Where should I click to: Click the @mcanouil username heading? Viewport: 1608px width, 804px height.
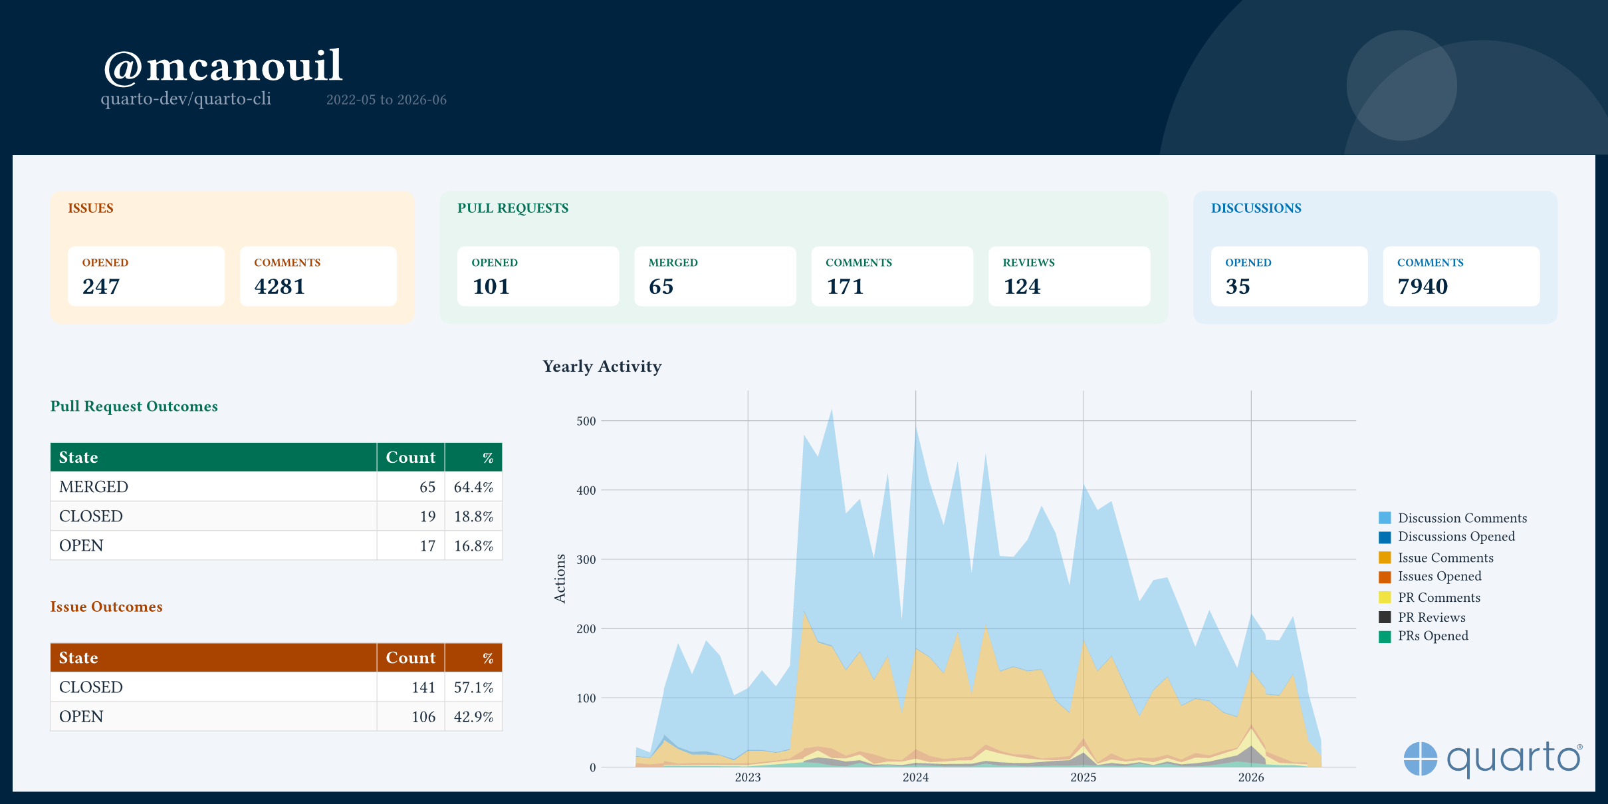point(223,67)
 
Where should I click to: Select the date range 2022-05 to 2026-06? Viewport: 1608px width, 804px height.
point(386,100)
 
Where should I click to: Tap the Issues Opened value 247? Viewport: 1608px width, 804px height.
point(101,287)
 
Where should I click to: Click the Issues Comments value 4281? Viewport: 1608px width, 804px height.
point(279,287)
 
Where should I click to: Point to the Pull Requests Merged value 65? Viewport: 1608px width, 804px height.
point(661,287)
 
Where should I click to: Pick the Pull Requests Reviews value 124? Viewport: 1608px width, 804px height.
point(1022,287)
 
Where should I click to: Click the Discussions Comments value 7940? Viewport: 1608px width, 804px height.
point(1423,287)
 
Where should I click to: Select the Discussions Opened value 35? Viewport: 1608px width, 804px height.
point(1238,287)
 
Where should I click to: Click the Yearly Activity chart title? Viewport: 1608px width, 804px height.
point(602,366)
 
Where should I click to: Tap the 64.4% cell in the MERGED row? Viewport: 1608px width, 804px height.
point(473,487)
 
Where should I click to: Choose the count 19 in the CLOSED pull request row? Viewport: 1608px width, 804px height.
point(427,517)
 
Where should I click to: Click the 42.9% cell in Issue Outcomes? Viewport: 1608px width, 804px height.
point(473,717)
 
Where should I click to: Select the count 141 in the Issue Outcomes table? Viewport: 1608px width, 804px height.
point(423,688)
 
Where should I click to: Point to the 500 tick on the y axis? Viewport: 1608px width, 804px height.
point(586,421)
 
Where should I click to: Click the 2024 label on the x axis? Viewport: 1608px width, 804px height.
point(915,777)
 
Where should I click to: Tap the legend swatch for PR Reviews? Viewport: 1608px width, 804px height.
point(1385,617)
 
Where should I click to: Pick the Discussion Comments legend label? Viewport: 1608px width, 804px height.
point(1462,518)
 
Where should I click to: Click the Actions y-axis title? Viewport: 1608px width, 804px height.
point(560,579)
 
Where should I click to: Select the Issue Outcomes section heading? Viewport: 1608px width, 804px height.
point(106,606)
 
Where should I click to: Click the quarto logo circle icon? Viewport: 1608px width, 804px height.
point(1421,759)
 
